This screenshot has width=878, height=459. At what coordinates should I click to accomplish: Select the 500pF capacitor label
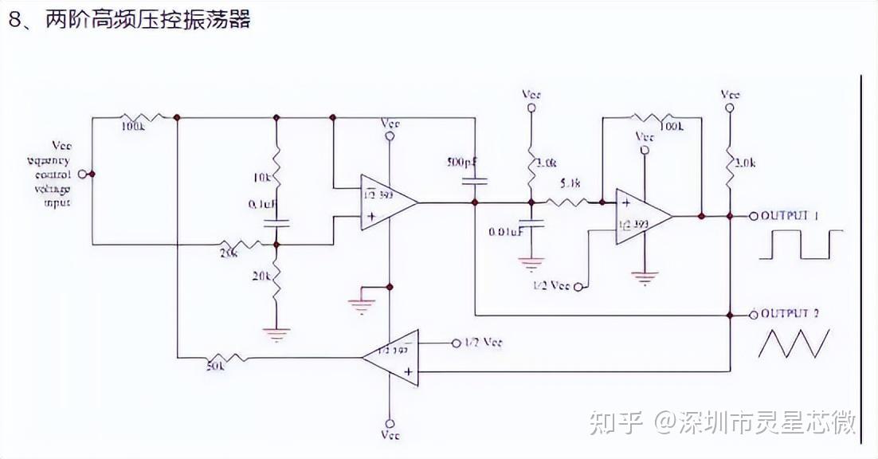pos(462,162)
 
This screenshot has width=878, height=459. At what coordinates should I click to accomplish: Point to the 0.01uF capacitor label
pos(506,232)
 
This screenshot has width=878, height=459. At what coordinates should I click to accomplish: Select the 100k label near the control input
pos(133,127)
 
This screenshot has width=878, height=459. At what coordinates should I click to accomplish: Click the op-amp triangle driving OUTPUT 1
pos(641,216)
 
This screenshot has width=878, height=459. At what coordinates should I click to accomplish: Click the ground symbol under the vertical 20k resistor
pos(276,335)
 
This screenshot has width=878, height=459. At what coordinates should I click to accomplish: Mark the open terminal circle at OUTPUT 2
pos(754,315)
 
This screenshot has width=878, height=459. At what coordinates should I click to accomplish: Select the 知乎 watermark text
pos(615,423)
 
